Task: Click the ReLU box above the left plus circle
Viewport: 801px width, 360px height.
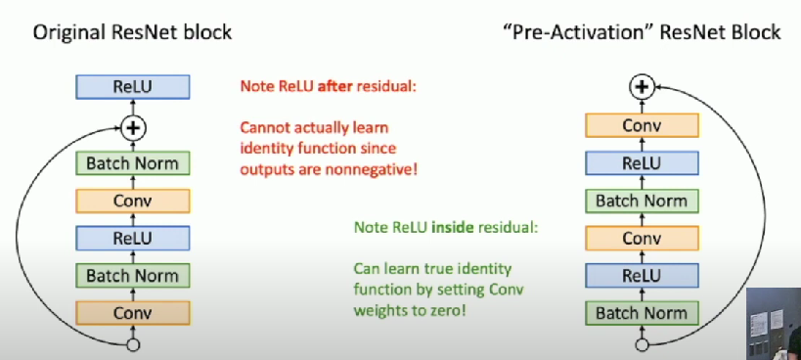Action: coord(133,87)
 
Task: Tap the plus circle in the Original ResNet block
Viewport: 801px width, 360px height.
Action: coord(133,127)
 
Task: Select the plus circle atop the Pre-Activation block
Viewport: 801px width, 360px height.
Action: coord(642,87)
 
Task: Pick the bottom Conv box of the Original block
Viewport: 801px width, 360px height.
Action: coord(133,312)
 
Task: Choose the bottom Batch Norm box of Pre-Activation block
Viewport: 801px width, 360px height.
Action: coord(642,313)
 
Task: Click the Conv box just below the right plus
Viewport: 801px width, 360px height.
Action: coord(642,125)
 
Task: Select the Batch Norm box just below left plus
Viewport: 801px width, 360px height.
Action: coord(133,163)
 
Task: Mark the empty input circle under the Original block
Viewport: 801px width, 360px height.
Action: coord(133,345)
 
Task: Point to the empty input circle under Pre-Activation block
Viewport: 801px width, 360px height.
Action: coord(642,345)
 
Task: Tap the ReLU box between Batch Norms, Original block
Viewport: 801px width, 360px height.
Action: coord(133,238)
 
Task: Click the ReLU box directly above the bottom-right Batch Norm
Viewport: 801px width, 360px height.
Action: coord(642,276)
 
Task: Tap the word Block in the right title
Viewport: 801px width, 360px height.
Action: coord(758,32)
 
